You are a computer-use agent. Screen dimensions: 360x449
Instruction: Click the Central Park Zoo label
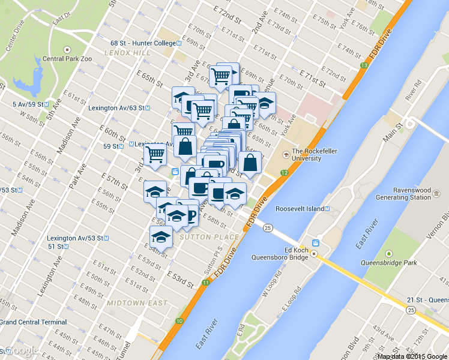click(67, 59)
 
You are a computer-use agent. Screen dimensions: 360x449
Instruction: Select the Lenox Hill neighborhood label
click(127, 53)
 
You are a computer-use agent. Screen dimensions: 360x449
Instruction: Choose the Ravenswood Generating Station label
click(403, 193)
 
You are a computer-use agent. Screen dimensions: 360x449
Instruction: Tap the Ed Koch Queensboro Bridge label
click(291, 254)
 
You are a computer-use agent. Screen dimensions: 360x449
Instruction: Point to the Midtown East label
click(137, 303)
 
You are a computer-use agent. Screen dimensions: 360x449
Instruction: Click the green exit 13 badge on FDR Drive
click(364, 65)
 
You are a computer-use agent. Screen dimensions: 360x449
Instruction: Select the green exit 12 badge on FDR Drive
click(284, 173)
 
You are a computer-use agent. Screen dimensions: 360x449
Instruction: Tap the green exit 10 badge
click(179, 322)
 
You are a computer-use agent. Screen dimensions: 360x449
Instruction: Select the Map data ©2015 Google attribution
click(412, 356)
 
